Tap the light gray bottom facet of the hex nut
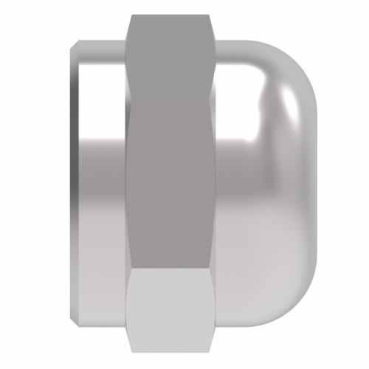pyautogui.click(x=171, y=310)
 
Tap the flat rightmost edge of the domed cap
pyautogui.click(x=318, y=184)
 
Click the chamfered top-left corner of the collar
pyautogui.click(x=75, y=46)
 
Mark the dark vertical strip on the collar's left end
pyautogui.click(x=74, y=184)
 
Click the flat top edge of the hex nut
pyautogui.click(x=171, y=15)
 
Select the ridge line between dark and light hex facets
pyautogui.click(x=171, y=269)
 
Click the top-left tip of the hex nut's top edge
pyautogui.click(x=130, y=16)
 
